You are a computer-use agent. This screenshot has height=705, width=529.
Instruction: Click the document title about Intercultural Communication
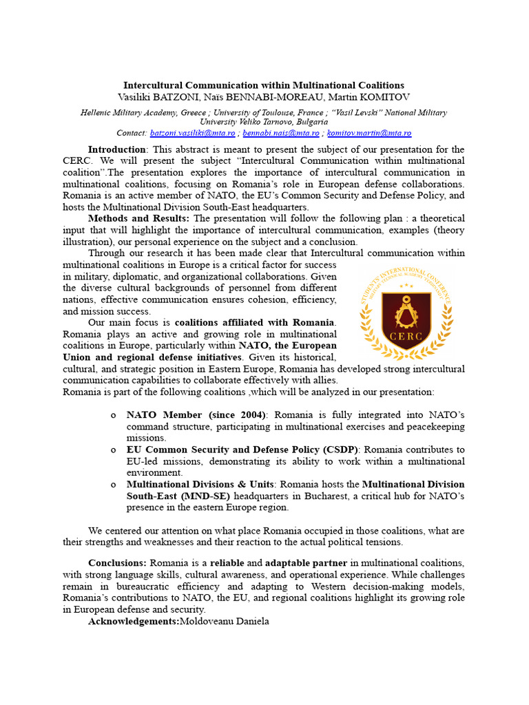click(264, 85)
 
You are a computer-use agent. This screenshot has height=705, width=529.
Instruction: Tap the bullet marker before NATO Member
click(113, 415)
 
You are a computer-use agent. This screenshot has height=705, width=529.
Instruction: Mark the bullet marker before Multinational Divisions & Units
click(113, 485)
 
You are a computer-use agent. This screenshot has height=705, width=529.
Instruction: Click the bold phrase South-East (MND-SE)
click(182, 496)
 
